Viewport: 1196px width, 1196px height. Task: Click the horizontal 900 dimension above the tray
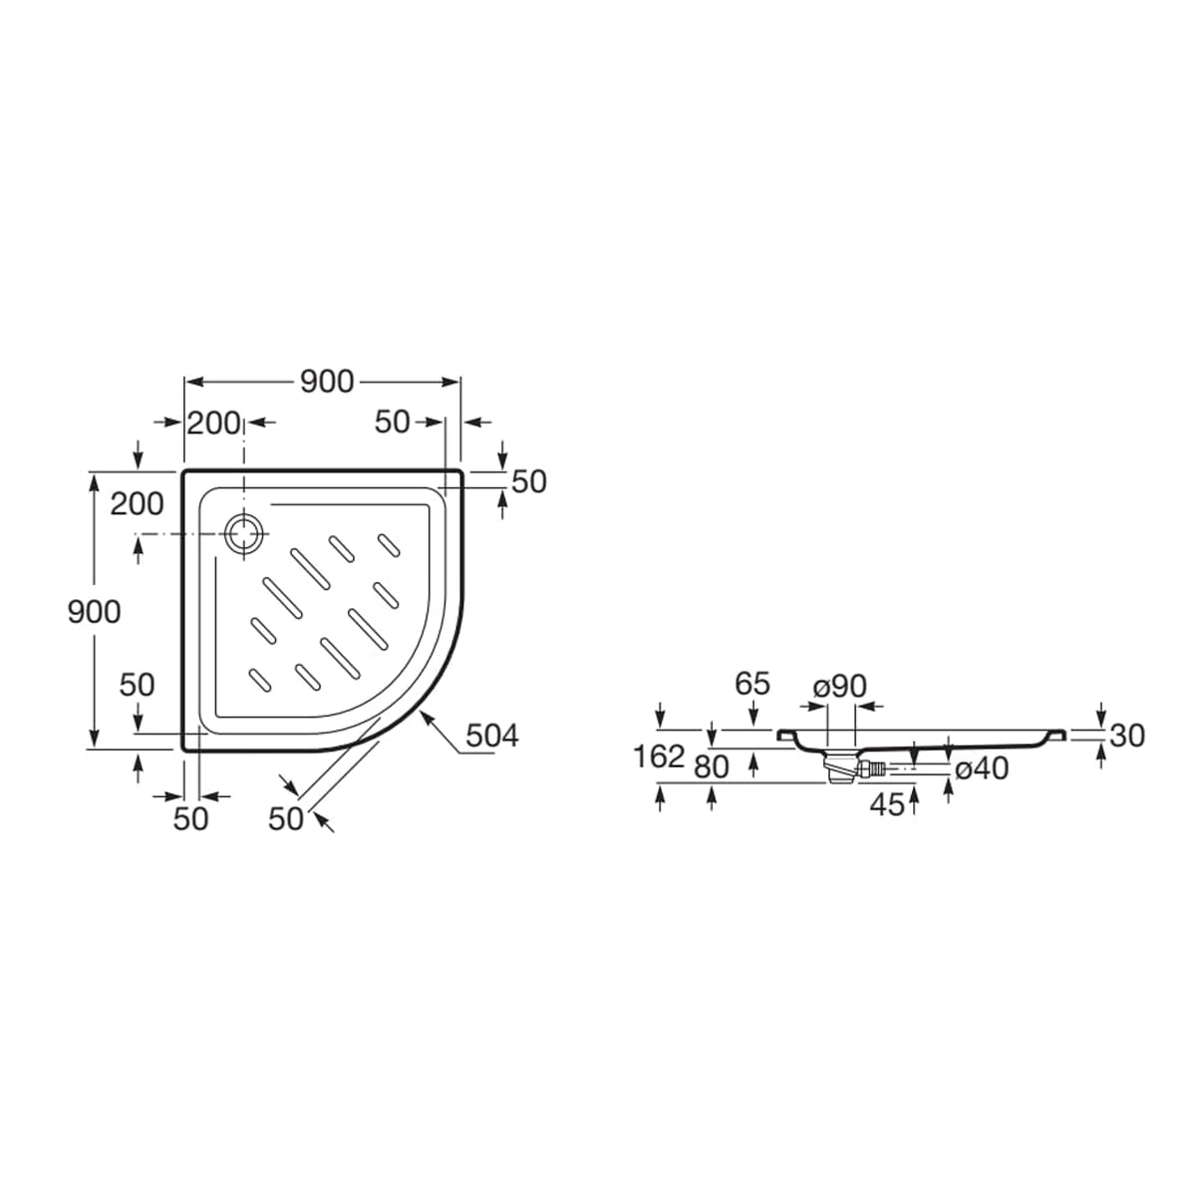(x=327, y=382)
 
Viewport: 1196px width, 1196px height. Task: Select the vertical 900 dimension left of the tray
(x=94, y=612)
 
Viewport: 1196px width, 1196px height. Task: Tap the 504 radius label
(x=492, y=737)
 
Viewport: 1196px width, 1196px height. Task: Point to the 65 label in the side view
(x=752, y=684)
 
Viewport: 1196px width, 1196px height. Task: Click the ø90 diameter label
(x=840, y=687)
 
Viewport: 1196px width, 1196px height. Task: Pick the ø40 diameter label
(x=982, y=769)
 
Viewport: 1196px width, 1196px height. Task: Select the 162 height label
(x=659, y=756)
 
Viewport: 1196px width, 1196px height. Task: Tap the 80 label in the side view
(x=712, y=767)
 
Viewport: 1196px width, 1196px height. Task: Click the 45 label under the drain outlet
(x=887, y=805)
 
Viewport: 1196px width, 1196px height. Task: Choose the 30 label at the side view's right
(x=1127, y=737)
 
